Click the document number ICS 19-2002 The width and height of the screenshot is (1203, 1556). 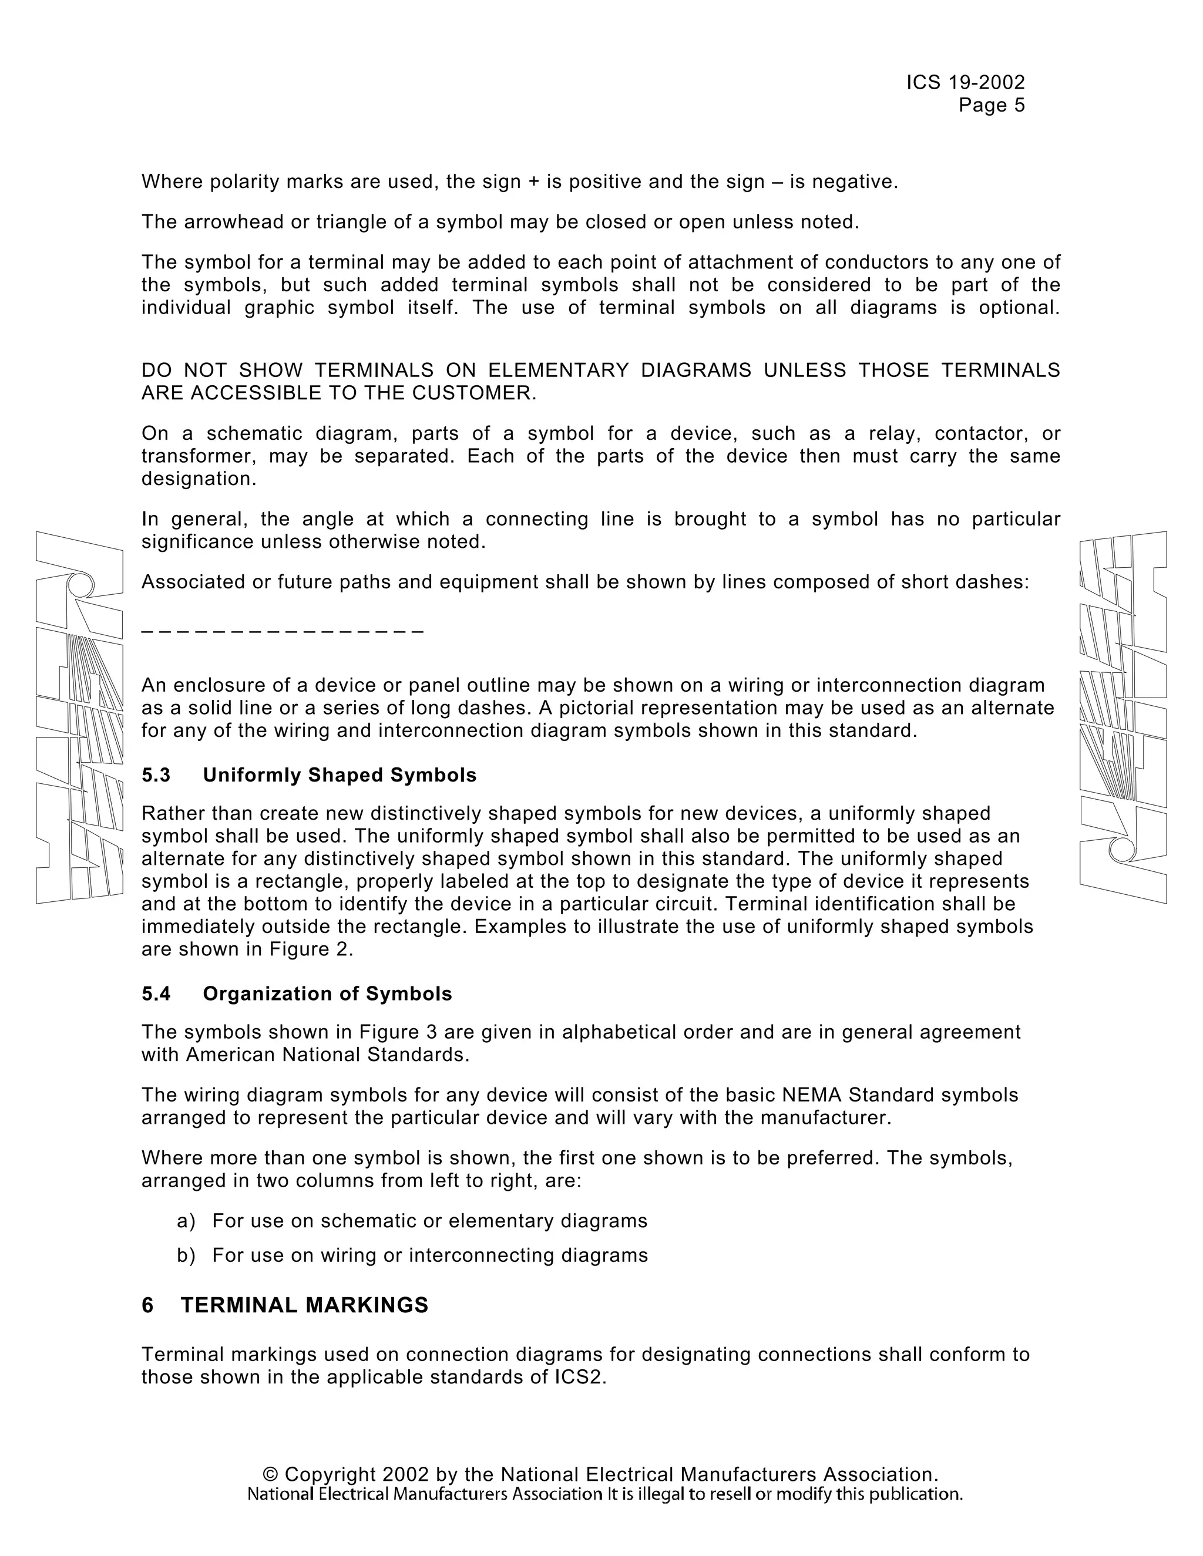click(965, 83)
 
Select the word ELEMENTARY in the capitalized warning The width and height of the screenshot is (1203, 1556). click(558, 371)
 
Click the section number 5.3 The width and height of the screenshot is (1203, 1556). click(156, 775)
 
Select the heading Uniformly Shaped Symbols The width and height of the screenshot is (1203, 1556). click(340, 775)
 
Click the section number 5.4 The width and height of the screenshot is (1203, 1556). click(156, 994)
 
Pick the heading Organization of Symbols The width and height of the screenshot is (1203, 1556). click(327, 994)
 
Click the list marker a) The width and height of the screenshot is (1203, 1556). click(186, 1221)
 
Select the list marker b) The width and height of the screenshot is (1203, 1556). click(186, 1255)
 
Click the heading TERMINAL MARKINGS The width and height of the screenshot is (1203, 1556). click(304, 1305)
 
